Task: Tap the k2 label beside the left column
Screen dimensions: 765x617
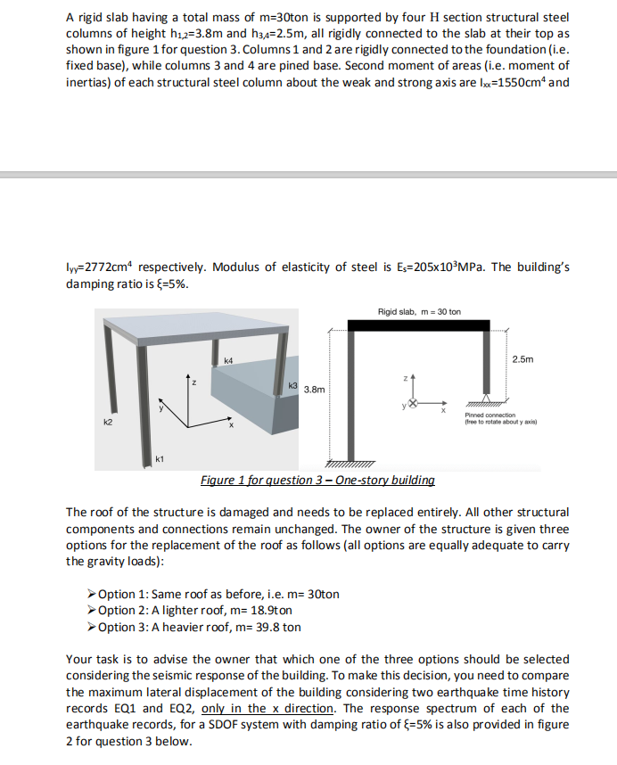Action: (108, 420)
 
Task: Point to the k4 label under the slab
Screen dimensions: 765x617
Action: (228, 360)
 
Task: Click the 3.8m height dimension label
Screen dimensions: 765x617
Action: (314, 390)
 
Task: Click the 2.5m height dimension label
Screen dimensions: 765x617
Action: (523, 359)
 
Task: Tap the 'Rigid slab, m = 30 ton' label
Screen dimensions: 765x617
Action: (419, 311)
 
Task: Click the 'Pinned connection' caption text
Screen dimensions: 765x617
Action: (486, 415)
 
